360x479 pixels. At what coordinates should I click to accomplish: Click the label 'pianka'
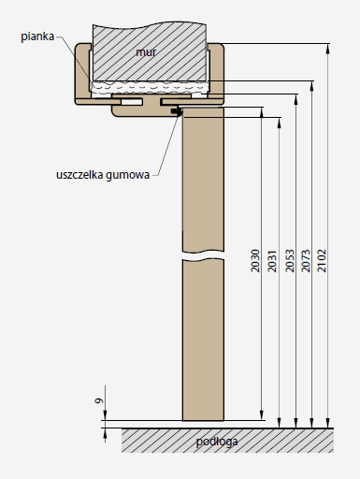pyautogui.click(x=37, y=36)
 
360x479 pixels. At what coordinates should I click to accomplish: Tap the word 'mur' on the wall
pyautogui.click(x=146, y=52)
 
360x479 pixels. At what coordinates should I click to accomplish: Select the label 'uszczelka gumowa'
pyautogui.click(x=103, y=175)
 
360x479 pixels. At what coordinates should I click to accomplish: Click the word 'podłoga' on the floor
pyautogui.click(x=217, y=442)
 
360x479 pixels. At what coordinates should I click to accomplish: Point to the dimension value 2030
pyautogui.click(x=255, y=261)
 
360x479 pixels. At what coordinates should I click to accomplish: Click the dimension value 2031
pyautogui.click(x=272, y=261)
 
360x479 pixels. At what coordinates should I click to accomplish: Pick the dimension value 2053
pyautogui.click(x=290, y=261)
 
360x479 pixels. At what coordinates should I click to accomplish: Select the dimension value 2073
pyautogui.click(x=306, y=261)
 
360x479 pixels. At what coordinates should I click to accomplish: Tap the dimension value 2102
pyautogui.click(x=322, y=261)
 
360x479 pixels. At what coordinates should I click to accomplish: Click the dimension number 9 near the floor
pyautogui.click(x=99, y=400)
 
